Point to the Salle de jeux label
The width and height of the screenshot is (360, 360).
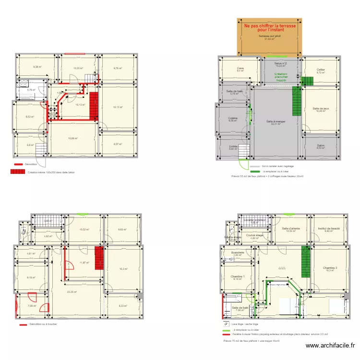coord(321,108)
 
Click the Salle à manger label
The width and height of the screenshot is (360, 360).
coord(276,121)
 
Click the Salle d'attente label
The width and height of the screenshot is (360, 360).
coord(290,229)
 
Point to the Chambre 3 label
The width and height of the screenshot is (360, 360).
coord(330,268)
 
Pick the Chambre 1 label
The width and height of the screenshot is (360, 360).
coord(238,277)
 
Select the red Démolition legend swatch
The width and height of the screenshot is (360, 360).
coord(18,164)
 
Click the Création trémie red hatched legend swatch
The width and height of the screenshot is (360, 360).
coord(18,172)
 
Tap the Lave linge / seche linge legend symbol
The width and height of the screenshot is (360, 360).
coord(226,324)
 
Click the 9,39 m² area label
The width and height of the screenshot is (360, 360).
coord(37,67)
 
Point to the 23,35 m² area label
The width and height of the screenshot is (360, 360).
coord(72,291)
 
